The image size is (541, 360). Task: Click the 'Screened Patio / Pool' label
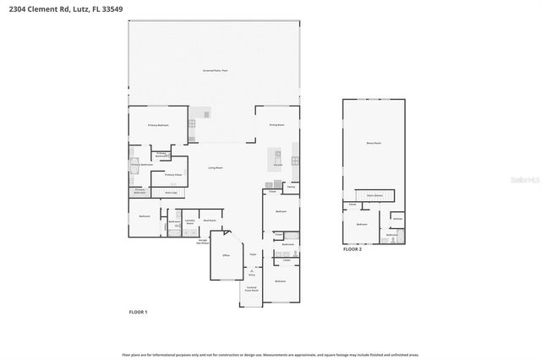[x=215, y=70]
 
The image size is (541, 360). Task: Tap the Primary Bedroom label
[x=159, y=125]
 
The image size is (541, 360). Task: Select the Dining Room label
[x=276, y=124]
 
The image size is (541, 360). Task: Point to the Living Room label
[x=216, y=168]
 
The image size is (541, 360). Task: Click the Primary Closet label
[x=173, y=175]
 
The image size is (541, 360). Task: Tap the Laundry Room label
[x=190, y=223]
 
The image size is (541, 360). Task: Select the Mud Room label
[x=210, y=221]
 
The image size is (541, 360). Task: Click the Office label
[x=226, y=254]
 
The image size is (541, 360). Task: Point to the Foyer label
[x=253, y=254]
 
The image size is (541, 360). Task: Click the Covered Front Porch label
[x=252, y=290]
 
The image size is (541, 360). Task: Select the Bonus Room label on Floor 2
[x=373, y=144]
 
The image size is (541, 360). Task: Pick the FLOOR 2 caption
[x=352, y=250]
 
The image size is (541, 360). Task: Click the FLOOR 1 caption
[x=138, y=312]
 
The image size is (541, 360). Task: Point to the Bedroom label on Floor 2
[x=362, y=225]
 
